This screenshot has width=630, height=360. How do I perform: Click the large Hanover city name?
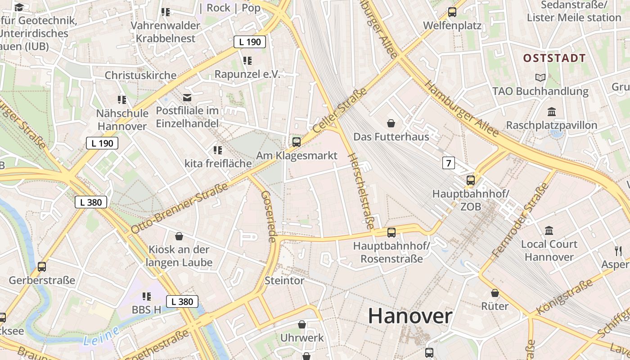(x=410, y=316)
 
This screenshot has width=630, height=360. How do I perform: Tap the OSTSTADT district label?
(x=554, y=58)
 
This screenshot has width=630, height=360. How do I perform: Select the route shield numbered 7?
(x=448, y=163)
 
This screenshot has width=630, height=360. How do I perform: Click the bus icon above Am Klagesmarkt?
(x=296, y=142)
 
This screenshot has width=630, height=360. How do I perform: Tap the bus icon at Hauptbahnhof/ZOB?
(x=470, y=180)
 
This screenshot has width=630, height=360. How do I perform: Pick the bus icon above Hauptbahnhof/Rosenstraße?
(x=391, y=233)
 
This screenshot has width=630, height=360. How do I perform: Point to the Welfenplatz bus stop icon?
(x=452, y=12)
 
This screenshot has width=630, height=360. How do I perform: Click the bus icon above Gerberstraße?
(x=42, y=267)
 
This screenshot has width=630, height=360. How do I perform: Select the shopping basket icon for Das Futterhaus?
(x=391, y=123)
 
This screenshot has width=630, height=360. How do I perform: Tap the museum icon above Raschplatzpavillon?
(x=551, y=112)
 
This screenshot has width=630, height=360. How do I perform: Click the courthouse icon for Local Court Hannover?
(x=549, y=231)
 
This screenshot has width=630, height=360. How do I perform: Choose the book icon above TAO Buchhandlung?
(x=540, y=77)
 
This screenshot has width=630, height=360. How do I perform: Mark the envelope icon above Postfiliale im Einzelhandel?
(x=187, y=97)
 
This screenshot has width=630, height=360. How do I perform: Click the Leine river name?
(x=101, y=336)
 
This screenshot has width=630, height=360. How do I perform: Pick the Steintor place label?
(x=284, y=281)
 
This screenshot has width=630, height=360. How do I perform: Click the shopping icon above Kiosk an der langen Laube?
(x=179, y=236)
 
